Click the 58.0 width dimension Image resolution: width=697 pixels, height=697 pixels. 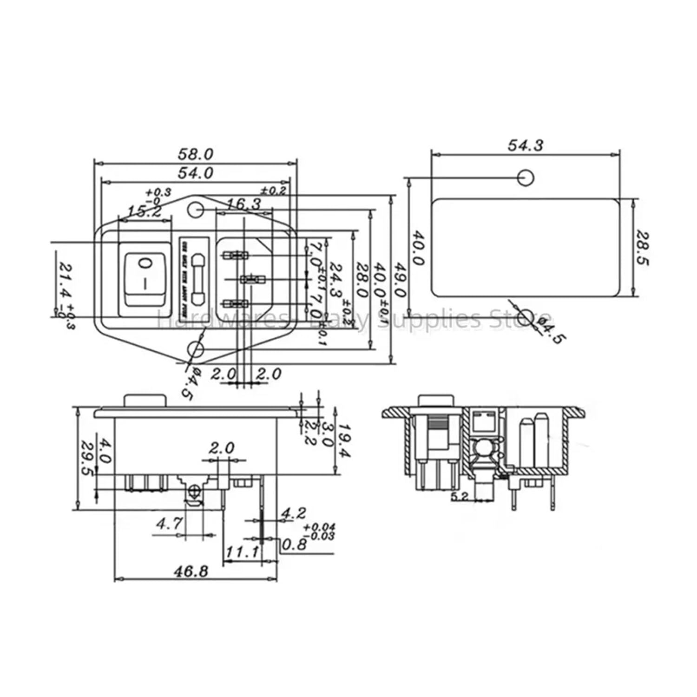coord(195,153)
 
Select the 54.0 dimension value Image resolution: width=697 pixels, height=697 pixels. coord(195,173)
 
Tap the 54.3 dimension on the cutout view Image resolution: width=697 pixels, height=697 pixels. coord(525,145)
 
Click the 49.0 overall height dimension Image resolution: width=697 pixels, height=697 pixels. coord(401,279)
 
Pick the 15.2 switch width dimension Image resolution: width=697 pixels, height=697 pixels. coord(145,211)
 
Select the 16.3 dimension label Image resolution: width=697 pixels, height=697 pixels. coord(244,204)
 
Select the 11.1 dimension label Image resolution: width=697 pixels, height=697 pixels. coord(242,552)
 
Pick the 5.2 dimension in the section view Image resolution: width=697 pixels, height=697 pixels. coord(459,496)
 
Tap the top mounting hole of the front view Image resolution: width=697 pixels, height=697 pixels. coord(196,210)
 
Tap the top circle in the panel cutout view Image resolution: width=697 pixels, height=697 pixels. coord(526,178)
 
